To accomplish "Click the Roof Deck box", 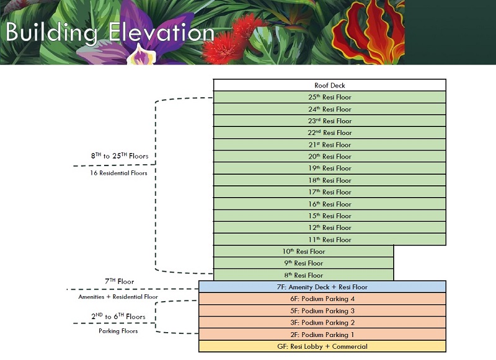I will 329,86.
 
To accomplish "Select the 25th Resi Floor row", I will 329,97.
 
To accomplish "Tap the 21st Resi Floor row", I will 329,145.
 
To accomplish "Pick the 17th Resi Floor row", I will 329,192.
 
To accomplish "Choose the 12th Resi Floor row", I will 329,228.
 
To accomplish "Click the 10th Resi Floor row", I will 303,252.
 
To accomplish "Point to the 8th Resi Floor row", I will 303,275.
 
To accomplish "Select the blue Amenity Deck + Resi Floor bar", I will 322,287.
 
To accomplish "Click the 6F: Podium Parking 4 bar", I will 322,299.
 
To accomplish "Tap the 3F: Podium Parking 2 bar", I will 322,323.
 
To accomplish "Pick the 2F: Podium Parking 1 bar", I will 322,335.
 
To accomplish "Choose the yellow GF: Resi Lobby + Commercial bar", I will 322,346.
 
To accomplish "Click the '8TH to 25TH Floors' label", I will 119,156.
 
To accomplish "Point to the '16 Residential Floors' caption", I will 119,173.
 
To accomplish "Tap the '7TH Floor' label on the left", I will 119,281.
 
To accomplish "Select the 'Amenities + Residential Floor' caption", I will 118,297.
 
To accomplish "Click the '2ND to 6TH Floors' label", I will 118,317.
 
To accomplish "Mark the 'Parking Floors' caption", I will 118,331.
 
